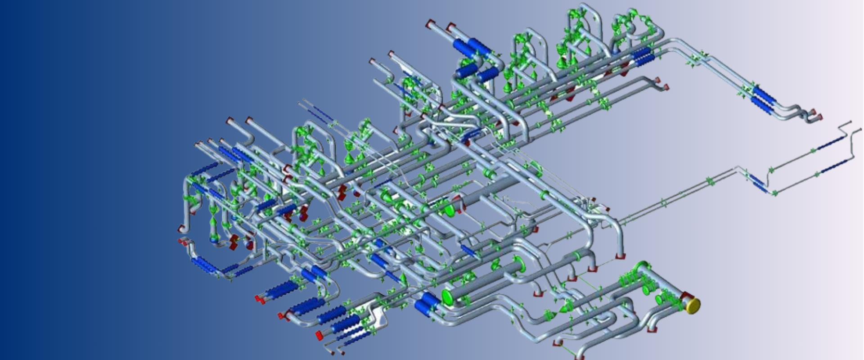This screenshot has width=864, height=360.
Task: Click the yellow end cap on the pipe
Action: click(x=693, y=306)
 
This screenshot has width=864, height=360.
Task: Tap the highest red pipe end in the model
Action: click(x=431, y=22)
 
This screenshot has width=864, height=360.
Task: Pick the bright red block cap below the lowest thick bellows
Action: click(x=319, y=335)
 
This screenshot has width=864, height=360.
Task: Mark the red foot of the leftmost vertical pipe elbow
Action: click(x=182, y=229)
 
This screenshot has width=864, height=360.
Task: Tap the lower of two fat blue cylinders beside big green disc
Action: click(x=423, y=307)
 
